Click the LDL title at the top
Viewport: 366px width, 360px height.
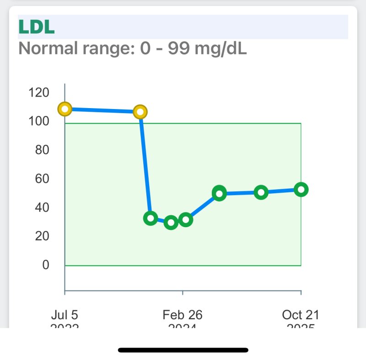37,27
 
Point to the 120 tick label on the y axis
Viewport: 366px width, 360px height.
38,93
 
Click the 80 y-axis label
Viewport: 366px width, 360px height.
42,150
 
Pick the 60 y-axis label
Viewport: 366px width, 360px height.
42,179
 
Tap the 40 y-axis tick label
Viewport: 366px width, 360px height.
42,207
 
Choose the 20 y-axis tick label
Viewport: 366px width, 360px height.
42,236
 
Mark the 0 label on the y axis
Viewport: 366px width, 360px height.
45,265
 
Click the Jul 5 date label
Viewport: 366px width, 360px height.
65,315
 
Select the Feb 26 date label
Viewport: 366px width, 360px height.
183,315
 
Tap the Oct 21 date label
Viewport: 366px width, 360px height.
301,315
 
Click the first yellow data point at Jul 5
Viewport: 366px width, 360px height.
65,109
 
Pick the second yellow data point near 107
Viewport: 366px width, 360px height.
140,112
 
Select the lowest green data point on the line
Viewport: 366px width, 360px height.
171,223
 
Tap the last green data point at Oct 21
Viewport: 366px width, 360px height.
301,189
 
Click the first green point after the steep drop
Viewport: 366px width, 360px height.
150,218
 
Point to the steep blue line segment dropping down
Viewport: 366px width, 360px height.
145,165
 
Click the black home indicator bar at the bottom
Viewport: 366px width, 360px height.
183,350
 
